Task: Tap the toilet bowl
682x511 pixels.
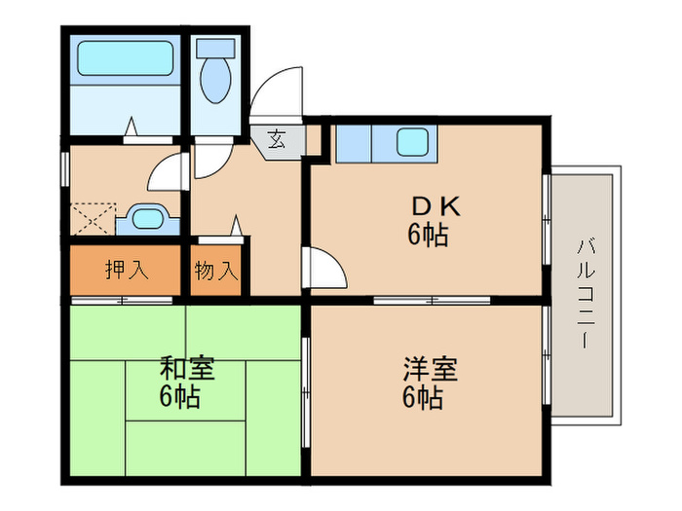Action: click(x=214, y=76)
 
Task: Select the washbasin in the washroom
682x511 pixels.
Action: click(x=146, y=218)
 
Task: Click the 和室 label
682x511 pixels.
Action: click(x=187, y=370)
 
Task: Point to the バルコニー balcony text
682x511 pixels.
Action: click(x=583, y=292)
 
